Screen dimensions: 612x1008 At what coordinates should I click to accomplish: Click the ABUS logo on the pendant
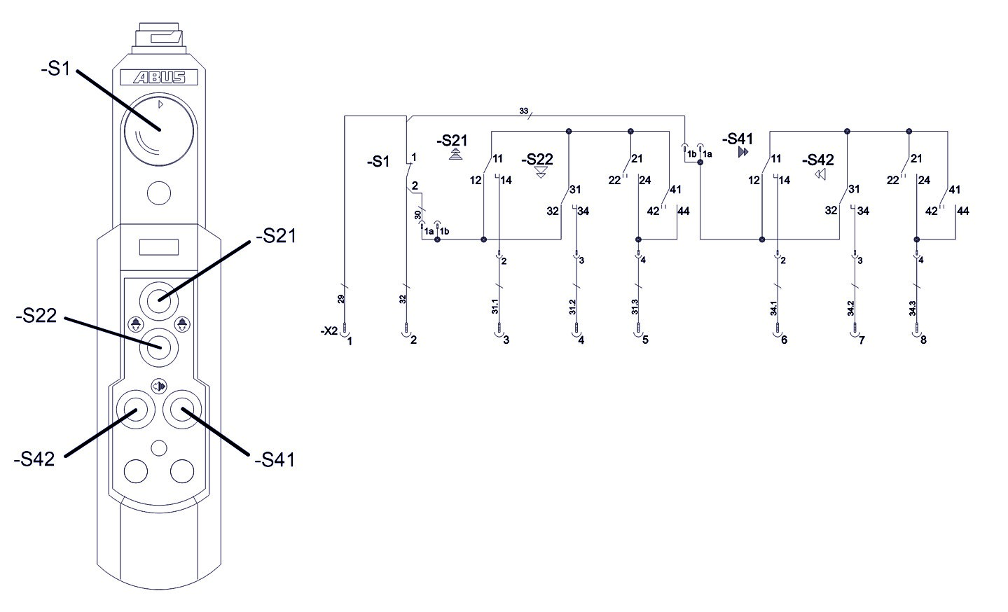[158, 78]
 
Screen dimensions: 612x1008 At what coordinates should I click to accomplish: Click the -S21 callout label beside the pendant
[276, 237]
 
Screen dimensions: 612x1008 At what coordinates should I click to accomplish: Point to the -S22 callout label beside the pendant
[36, 317]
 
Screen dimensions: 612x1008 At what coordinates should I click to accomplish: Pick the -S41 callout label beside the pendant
[275, 460]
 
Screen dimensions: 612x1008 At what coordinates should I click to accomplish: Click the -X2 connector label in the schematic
[329, 331]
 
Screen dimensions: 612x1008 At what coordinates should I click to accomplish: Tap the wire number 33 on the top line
[523, 111]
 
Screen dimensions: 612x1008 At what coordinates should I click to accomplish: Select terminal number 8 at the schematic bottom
[923, 341]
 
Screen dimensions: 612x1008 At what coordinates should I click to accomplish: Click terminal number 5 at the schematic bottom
[645, 341]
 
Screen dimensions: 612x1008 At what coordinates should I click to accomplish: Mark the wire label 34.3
[913, 309]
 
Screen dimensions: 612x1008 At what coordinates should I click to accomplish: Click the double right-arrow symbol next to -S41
[743, 152]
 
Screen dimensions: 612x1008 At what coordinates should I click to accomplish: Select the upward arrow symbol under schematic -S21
[456, 154]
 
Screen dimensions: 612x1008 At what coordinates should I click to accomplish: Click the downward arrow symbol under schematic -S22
[541, 172]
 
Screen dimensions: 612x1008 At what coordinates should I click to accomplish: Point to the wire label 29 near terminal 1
[341, 298]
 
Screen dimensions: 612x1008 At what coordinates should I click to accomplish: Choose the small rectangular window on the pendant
[158, 247]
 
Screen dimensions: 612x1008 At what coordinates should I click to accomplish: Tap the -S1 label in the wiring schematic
[378, 162]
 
